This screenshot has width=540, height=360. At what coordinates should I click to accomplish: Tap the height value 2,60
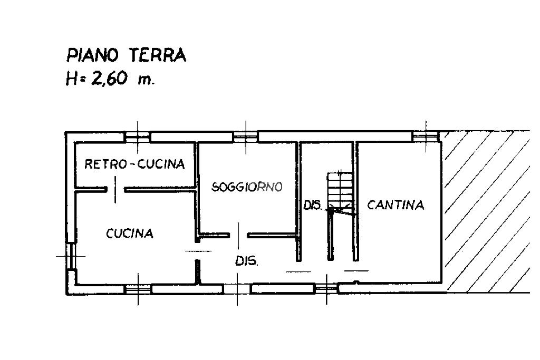click(x=108, y=79)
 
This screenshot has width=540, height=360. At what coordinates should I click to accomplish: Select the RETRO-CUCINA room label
click(x=134, y=164)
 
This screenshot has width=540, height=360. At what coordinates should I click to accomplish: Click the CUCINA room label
click(x=130, y=233)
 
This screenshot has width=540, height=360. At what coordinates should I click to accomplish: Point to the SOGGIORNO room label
click(x=247, y=187)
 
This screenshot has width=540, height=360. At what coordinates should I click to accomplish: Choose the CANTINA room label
click(x=396, y=205)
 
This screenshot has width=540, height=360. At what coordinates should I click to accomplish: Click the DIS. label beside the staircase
click(x=312, y=205)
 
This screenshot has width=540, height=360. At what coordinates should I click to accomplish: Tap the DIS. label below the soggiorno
click(x=246, y=261)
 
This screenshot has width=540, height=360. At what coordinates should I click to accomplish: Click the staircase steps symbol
click(x=340, y=193)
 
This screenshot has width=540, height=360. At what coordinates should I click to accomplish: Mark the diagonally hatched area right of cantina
click(x=487, y=212)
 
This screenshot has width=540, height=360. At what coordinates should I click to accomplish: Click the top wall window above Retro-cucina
click(x=138, y=137)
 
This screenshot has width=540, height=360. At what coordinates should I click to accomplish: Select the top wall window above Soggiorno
click(x=245, y=137)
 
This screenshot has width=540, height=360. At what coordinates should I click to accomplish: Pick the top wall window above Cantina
click(x=426, y=137)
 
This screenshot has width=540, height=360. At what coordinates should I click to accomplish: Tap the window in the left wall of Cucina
click(x=71, y=256)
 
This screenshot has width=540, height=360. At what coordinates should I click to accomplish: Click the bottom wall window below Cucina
click(x=138, y=289)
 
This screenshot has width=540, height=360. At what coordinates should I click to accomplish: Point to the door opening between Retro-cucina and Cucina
click(x=115, y=189)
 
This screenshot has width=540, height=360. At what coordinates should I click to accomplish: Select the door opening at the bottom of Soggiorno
click(x=239, y=236)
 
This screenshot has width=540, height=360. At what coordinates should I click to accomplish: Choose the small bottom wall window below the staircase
click(x=326, y=288)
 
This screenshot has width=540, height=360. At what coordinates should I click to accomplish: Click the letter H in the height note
click(x=71, y=79)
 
